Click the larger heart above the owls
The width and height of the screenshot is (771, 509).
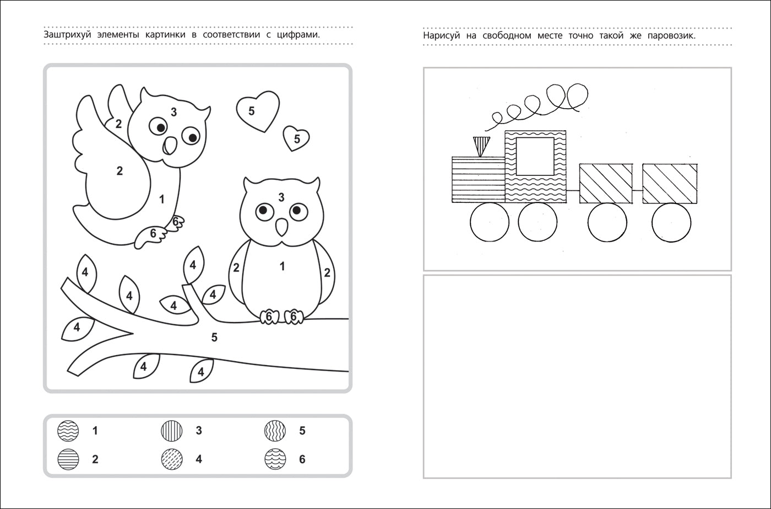pos(258,111)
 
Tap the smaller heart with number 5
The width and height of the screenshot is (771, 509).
pos(296,138)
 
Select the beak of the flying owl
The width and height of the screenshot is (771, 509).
pos(170,146)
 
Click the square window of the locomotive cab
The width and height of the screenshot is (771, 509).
pos(535,157)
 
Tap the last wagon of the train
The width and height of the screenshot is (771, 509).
pos(670,184)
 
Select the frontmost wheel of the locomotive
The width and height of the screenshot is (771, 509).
pos(490,222)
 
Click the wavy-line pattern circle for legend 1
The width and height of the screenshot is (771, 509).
pos(68,431)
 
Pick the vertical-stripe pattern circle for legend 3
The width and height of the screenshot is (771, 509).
pos(172,431)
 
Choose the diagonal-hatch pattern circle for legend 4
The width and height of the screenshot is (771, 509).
pos(172,459)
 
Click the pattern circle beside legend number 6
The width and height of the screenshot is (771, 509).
pos(275,459)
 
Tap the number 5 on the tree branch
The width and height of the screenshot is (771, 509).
pos(214,337)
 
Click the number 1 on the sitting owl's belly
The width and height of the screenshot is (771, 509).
pos(282,266)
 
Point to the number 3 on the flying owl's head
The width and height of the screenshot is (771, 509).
pos(174,111)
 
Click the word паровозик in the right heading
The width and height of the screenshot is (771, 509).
pos(671,36)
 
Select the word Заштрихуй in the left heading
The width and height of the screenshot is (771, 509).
pos(67,35)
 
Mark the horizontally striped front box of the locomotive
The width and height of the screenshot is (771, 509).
pos(479,180)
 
